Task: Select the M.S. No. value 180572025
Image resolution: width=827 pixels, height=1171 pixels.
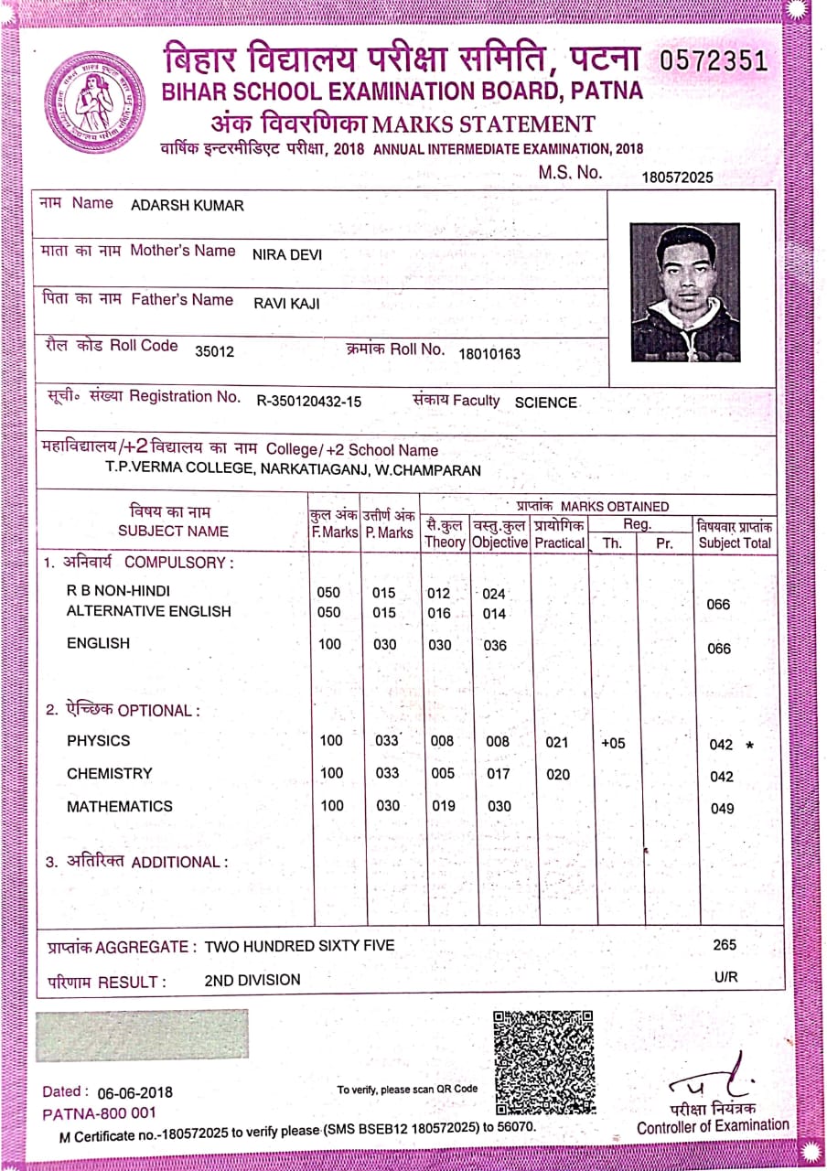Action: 677,177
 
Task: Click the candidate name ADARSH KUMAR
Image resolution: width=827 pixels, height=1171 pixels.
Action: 188,205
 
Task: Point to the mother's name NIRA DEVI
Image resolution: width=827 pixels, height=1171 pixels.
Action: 287,254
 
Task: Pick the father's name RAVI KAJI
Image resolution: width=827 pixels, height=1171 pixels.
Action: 286,304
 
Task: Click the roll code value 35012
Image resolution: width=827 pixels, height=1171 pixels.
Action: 215,350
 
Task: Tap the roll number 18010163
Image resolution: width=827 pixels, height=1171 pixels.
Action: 489,353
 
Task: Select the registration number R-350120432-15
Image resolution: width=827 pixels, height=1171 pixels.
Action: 308,401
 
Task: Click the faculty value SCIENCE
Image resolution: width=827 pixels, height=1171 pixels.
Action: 545,402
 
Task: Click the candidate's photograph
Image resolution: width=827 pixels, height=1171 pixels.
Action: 684,292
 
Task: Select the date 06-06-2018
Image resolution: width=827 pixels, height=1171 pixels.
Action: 134,1092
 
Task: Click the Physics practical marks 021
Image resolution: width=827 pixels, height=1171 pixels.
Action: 557,743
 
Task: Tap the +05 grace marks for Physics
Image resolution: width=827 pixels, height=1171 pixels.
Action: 613,743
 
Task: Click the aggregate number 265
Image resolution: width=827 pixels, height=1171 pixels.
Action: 724,945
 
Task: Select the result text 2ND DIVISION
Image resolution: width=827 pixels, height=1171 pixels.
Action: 252,980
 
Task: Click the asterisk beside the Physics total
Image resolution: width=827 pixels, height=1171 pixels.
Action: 750,745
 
